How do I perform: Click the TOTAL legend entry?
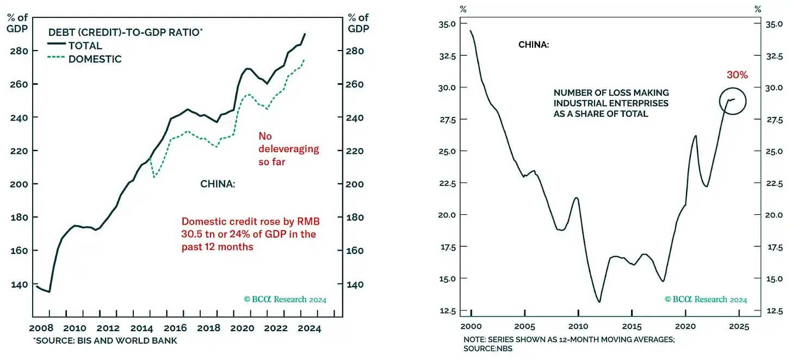click(x=85, y=46)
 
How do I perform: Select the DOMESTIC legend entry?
click(x=95, y=59)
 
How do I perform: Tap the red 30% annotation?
click(x=737, y=75)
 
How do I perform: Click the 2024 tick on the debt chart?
click(x=310, y=328)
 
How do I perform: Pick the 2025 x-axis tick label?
click(x=738, y=326)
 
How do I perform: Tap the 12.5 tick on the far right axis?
click(x=774, y=311)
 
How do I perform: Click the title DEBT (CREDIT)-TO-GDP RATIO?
click(x=125, y=33)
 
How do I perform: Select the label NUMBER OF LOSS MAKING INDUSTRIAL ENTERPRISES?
click(x=611, y=103)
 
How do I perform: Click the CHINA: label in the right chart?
click(x=533, y=45)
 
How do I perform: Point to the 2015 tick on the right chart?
click(x=632, y=326)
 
